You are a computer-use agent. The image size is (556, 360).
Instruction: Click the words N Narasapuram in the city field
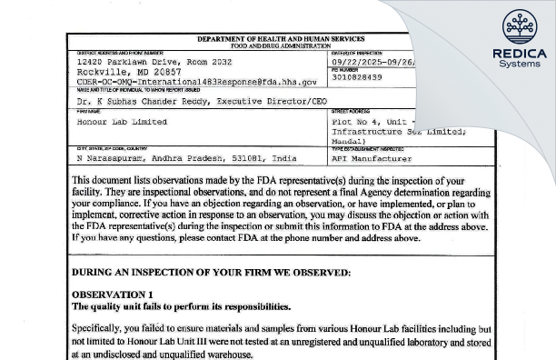point(111,158)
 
